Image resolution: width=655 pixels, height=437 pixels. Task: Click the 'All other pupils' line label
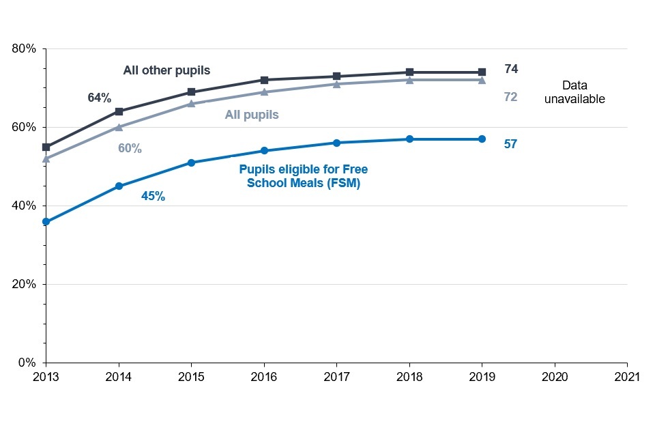coord(166,70)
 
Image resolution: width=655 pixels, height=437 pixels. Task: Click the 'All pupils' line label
coord(252,115)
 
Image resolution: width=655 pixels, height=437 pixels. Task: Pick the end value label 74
coord(511,69)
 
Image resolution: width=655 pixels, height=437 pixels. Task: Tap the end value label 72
coord(510,97)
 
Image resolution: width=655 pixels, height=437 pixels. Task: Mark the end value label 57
coord(510,144)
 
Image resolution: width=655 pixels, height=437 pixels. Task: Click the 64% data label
coord(100,98)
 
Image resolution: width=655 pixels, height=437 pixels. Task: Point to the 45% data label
coord(153,196)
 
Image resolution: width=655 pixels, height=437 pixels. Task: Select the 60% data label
coord(130,148)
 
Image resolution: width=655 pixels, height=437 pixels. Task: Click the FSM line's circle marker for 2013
coord(46,221)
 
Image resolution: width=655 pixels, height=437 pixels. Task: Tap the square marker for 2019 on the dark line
coord(482,72)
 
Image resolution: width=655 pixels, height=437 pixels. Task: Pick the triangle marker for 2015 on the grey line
coord(191,104)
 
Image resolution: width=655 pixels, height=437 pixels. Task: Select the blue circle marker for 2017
coord(336,143)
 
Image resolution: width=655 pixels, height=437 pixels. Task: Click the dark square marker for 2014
coord(119,111)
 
